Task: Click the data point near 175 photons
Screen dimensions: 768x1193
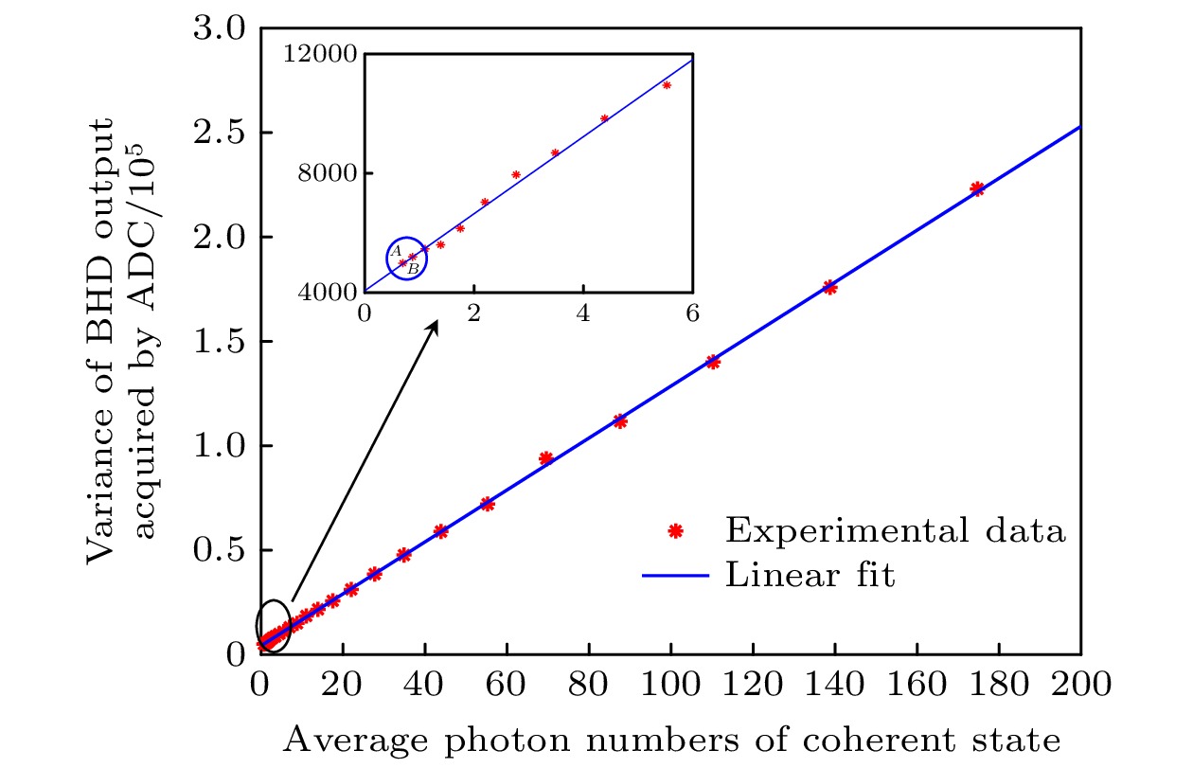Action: [977, 188]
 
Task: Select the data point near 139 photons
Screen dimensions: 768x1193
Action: [829, 287]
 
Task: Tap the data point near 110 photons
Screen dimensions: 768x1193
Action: [712, 362]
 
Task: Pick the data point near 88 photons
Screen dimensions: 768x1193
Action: [620, 421]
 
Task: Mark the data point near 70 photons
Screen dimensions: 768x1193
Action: [545, 458]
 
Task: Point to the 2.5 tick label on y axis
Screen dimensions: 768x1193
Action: [221, 134]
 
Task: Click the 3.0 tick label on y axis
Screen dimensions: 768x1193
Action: [221, 29]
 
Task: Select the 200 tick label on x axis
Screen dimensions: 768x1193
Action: [1079, 683]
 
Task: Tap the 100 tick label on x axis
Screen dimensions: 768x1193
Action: [670, 683]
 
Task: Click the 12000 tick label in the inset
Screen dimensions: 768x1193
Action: [317, 53]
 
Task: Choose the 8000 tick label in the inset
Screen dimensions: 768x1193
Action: [323, 173]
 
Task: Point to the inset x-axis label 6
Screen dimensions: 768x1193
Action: [692, 313]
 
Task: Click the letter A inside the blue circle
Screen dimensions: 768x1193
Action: [397, 251]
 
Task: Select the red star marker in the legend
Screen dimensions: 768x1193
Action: [675, 531]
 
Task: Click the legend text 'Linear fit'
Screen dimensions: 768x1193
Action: [810, 574]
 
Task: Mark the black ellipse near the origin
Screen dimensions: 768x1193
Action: [273, 626]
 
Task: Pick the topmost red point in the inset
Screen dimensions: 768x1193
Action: [667, 85]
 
